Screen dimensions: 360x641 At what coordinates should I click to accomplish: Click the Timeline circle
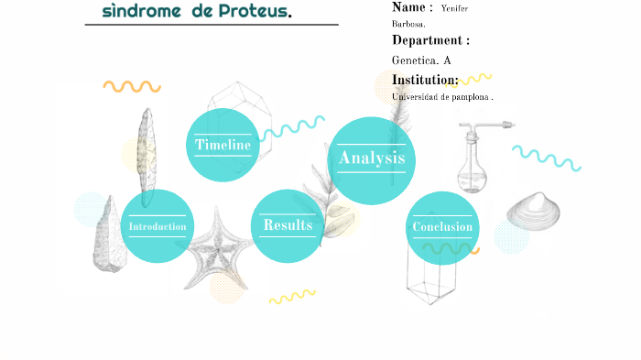(223, 145)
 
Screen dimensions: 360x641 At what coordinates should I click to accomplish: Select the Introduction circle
(158, 226)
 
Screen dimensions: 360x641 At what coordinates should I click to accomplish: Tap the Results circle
(288, 225)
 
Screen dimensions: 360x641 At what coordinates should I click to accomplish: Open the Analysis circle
(372, 159)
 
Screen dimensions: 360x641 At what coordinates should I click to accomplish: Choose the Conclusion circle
(442, 227)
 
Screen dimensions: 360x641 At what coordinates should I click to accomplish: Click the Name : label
(412, 7)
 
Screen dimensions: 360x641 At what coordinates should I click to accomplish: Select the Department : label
(430, 40)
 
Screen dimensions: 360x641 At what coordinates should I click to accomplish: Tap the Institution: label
(425, 81)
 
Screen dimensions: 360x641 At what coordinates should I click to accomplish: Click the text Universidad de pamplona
(442, 97)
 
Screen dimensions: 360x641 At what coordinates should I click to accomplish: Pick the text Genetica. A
(421, 60)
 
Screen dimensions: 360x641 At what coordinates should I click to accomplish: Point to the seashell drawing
(533, 211)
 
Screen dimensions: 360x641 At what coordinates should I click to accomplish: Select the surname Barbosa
(407, 24)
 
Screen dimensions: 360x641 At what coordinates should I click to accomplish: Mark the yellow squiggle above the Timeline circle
(132, 87)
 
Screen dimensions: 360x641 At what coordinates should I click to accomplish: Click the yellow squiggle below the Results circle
(291, 297)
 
